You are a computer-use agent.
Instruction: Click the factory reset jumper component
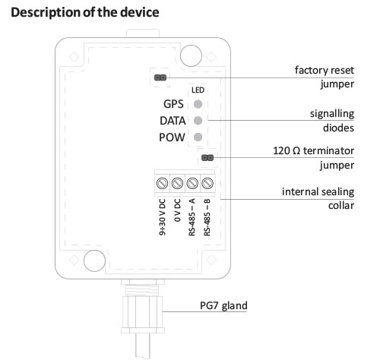[160, 77]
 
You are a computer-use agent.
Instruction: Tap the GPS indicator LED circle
[198, 105]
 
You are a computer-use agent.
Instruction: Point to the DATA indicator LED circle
[198, 121]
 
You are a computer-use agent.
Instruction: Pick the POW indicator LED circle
[198, 137]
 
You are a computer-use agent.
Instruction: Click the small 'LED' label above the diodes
[198, 90]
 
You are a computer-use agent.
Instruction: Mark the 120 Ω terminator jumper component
[206, 158]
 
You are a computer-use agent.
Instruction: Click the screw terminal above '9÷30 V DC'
[161, 183]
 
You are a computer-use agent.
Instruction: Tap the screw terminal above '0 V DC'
[177, 183]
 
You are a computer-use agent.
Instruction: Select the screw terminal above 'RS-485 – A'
[193, 183]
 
